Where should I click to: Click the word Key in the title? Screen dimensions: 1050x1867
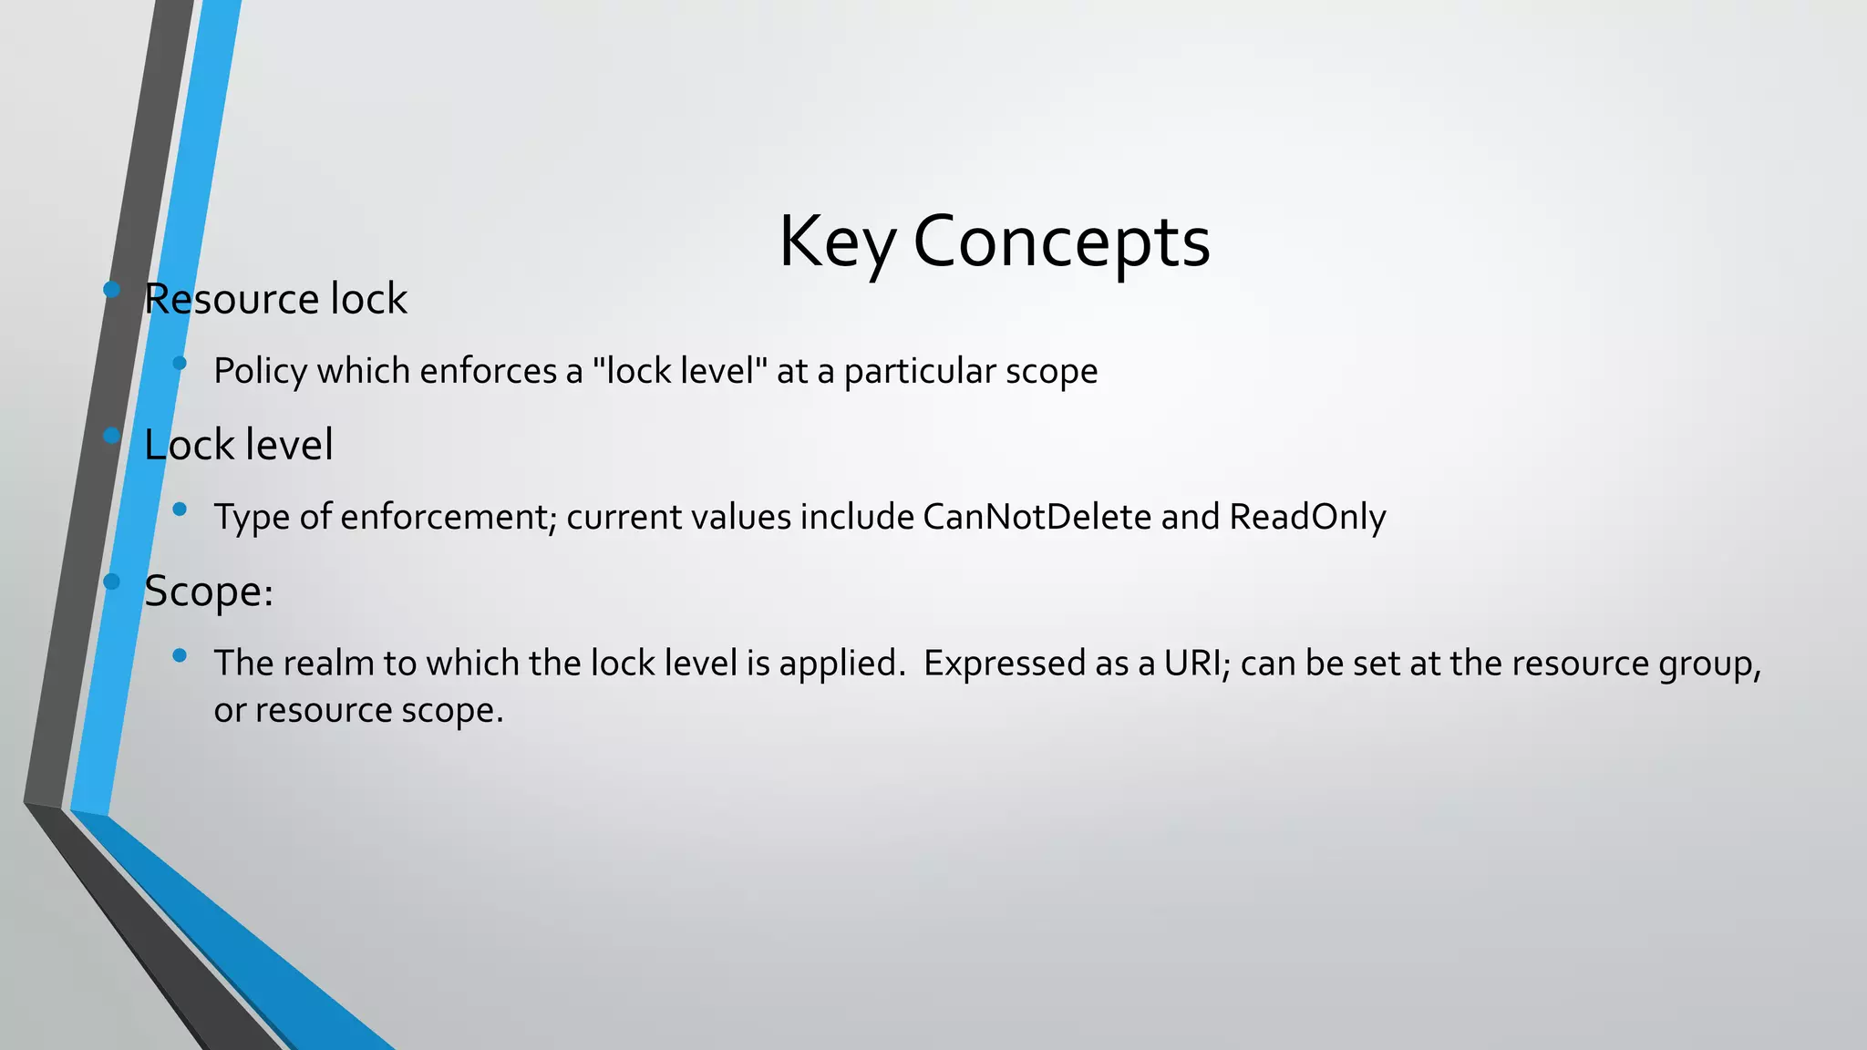836,242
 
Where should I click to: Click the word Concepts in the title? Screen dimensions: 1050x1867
1061,242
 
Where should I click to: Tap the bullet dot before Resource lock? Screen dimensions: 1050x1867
112,290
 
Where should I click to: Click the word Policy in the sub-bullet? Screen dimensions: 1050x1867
260,372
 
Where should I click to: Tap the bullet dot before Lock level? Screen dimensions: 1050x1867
112,436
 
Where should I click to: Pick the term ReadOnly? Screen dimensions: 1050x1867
1307,517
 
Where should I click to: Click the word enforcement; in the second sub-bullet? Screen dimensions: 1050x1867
449,517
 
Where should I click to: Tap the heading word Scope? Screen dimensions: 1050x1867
209,592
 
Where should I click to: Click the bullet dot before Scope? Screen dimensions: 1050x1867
112,582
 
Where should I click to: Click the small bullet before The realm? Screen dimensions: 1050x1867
180,654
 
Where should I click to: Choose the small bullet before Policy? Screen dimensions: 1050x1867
180,363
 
